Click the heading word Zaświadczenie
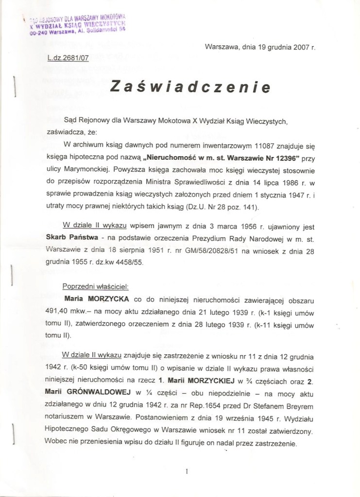tap(190, 87)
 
